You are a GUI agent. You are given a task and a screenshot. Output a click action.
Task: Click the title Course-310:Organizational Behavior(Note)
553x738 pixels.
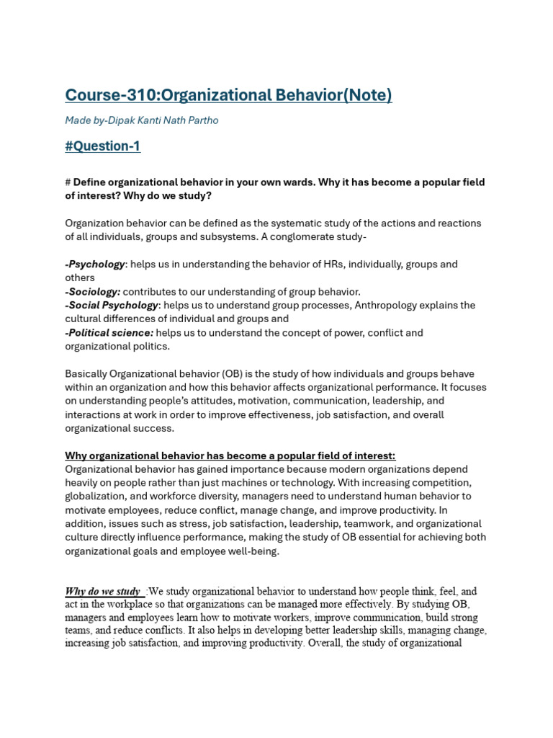pyautogui.click(x=228, y=95)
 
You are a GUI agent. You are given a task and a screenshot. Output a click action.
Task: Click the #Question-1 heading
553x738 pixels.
pyautogui.click(x=102, y=146)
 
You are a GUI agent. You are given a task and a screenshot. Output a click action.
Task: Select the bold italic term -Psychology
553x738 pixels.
pyautogui.click(x=95, y=264)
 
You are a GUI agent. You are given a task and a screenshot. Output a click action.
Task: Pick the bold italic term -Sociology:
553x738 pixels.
pyautogui.click(x=93, y=292)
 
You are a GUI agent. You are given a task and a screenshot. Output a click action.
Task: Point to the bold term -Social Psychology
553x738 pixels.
pyautogui.click(x=112, y=306)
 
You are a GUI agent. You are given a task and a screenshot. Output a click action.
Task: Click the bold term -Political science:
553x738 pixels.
pyautogui.click(x=109, y=333)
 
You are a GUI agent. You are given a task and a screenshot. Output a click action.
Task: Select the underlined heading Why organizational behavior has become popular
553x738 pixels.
pyautogui.click(x=230, y=456)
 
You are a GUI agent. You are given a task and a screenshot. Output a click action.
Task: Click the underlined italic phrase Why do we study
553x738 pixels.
pyautogui.click(x=103, y=592)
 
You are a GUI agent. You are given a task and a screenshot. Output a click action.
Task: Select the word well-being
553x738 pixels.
pyautogui.click(x=256, y=551)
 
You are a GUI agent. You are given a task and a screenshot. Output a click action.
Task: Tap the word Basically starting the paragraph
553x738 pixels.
pyautogui.click(x=89, y=374)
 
